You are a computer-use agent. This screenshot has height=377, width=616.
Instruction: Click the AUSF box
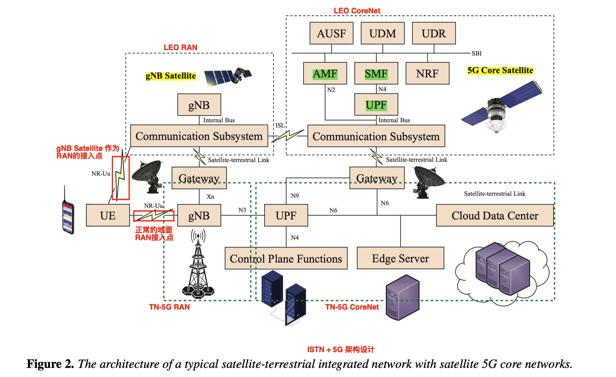[x=331, y=33]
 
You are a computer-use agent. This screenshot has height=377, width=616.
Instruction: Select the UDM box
[x=383, y=33]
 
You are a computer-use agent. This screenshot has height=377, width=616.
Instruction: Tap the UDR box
[x=434, y=33]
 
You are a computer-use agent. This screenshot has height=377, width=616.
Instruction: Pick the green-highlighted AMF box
[x=325, y=73]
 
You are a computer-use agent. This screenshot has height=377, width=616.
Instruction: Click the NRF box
[x=427, y=73]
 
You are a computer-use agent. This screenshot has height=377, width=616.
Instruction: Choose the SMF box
[x=376, y=73]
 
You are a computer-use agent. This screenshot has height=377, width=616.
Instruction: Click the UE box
[x=108, y=216]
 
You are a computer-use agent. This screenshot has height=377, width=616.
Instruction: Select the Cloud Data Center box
[x=495, y=216]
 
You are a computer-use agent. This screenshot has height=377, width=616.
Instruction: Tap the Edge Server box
[x=400, y=258]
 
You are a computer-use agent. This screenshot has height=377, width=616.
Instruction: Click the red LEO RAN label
[x=180, y=47]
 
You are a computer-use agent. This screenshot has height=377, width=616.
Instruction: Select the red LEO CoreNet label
[x=357, y=11]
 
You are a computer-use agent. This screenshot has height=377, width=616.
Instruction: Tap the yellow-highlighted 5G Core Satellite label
[x=500, y=70]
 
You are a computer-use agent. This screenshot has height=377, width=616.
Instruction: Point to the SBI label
[x=477, y=53]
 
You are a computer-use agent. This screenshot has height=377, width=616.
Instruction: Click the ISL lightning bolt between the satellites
[x=287, y=136]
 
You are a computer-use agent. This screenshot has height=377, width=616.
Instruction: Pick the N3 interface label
[x=242, y=210]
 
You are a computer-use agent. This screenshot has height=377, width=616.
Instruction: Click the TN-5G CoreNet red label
[x=352, y=307]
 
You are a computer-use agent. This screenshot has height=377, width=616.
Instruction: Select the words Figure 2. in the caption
[x=50, y=364]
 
